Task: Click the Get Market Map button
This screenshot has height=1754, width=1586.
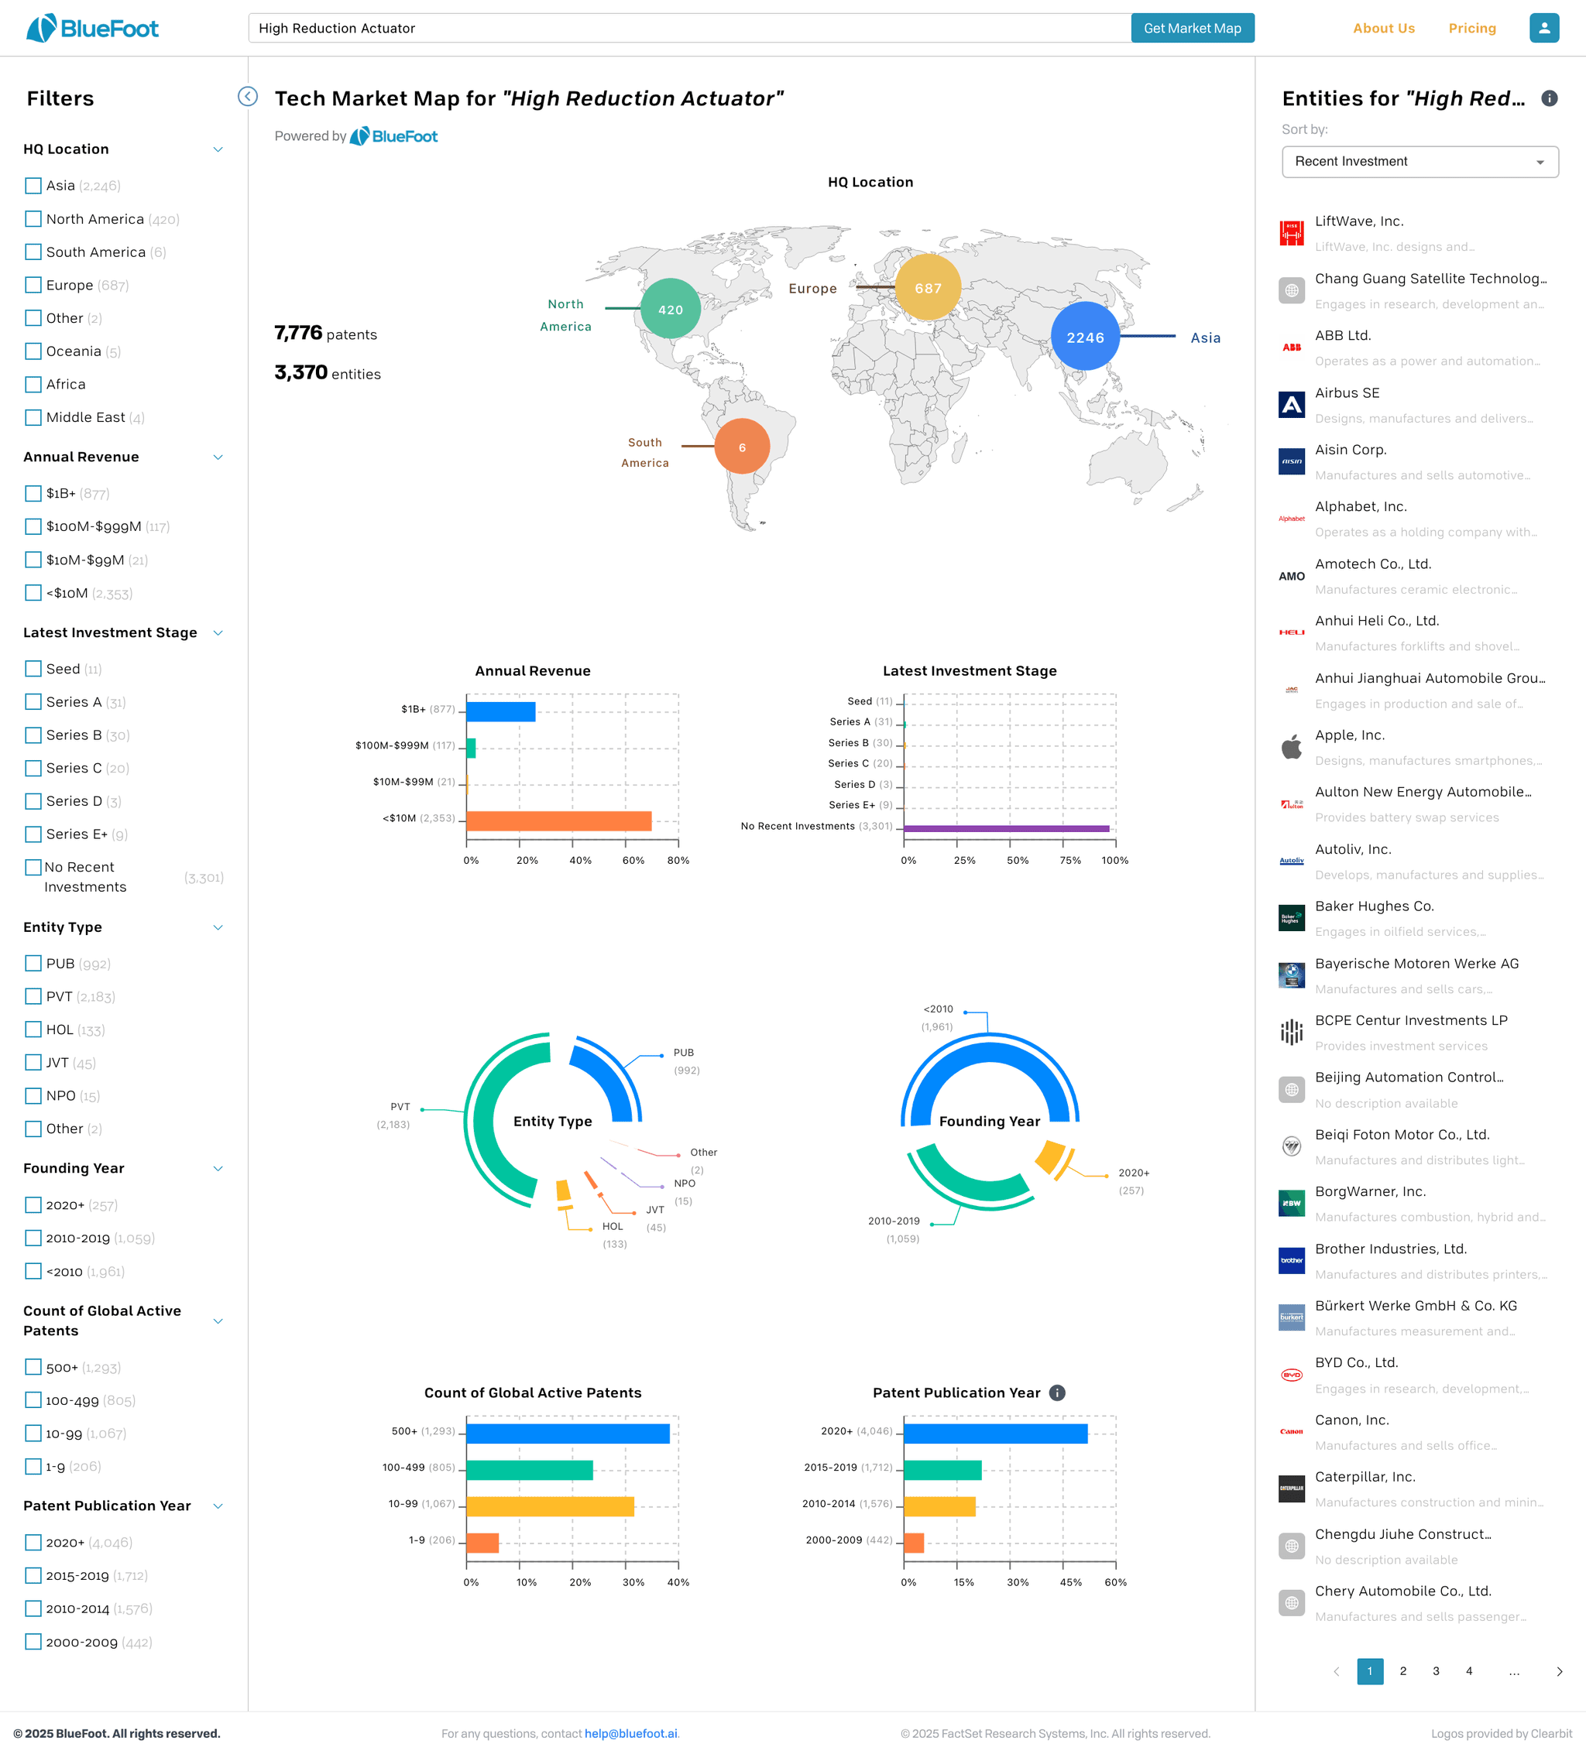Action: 1192,28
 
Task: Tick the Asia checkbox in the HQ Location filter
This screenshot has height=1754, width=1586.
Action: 33,185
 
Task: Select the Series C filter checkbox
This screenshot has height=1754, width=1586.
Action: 33,768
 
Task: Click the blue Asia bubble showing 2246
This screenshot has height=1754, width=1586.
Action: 1085,337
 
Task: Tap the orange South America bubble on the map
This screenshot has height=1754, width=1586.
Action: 742,447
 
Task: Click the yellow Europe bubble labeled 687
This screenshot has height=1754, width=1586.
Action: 928,287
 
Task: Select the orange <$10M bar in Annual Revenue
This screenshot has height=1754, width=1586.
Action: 559,820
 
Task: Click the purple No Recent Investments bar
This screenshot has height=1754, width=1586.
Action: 1006,828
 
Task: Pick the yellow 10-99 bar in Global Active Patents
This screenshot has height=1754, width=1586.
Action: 550,1506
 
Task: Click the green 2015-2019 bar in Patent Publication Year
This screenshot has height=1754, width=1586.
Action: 942,1469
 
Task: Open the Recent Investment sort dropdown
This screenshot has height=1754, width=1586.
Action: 1420,162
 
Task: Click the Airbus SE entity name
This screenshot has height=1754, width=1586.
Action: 1347,393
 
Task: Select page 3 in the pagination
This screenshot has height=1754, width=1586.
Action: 1436,1670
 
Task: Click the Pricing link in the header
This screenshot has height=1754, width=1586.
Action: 1472,28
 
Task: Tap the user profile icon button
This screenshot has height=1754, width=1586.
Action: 1544,28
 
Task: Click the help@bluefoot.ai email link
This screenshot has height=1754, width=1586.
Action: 631,1733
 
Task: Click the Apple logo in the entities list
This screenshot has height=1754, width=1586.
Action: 1292,746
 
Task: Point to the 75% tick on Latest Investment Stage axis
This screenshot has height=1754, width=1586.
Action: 1062,842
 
